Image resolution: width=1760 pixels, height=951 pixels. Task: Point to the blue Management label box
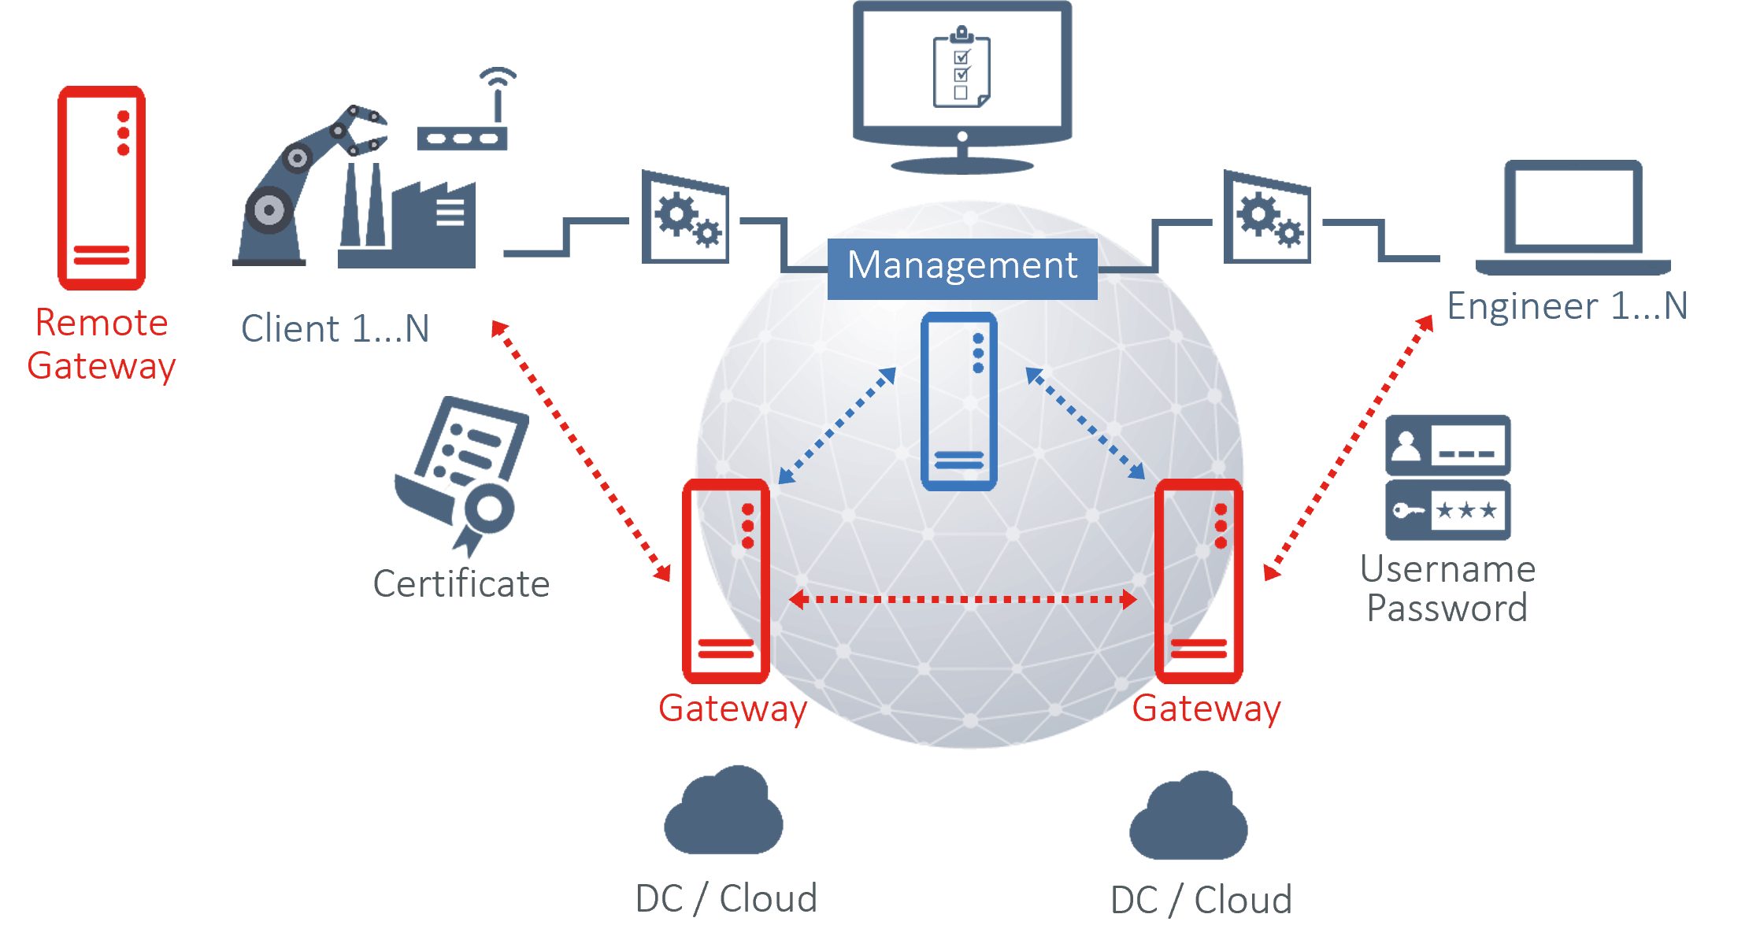[x=962, y=268]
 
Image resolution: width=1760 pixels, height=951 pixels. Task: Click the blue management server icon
[x=959, y=401]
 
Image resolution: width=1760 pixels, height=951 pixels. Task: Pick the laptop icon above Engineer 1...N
[x=1573, y=217]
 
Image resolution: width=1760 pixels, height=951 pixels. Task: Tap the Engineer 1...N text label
[x=1567, y=305]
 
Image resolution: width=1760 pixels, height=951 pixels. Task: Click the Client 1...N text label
[x=335, y=328]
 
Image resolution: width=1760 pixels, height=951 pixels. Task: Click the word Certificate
[x=461, y=583]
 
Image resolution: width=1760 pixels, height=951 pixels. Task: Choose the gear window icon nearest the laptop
[x=1267, y=216]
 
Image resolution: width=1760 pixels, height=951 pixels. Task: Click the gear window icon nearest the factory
[x=685, y=216]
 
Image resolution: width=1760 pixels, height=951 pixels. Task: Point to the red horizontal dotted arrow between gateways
[x=962, y=600]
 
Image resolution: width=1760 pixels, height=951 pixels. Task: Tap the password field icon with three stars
[x=1448, y=510]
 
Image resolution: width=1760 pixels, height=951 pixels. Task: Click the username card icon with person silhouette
[x=1448, y=446]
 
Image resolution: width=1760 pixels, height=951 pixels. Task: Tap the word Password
[x=1447, y=608]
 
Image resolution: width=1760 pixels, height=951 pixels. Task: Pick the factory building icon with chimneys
[x=407, y=216]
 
